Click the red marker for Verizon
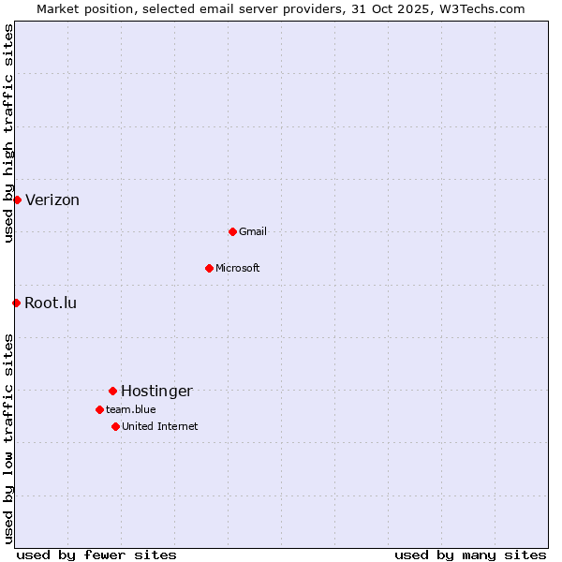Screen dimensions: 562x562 (17, 200)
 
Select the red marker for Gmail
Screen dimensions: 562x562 (232, 231)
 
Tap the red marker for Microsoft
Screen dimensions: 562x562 (209, 268)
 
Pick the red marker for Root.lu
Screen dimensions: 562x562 (16, 303)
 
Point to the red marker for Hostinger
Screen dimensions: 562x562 (112, 391)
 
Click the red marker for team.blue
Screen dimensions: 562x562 (99, 409)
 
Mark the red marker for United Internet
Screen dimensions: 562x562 (115, 426)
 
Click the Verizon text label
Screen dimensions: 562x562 (52, 200)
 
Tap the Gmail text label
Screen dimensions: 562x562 (253, 232)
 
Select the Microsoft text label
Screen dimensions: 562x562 (238, 269)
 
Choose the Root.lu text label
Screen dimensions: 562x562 (51, 303)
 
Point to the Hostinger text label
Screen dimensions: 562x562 (156, 392)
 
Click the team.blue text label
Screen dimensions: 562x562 (131, 410)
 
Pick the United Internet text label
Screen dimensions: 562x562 (160, 427)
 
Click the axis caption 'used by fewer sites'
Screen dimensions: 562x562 (96, 555)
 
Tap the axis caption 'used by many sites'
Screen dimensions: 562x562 (470, 555)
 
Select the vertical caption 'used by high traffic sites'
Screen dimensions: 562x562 (9, 133)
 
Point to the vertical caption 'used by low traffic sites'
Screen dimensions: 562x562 (9, 438)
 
